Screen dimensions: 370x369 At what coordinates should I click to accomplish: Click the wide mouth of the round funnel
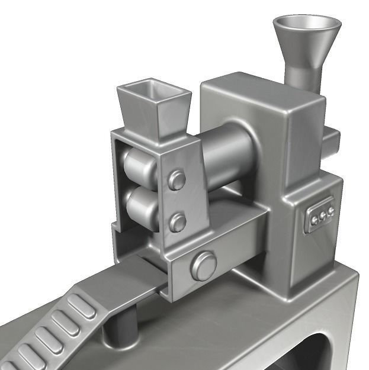tap(306, 27)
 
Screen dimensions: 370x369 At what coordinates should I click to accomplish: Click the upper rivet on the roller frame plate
tap(177, 179)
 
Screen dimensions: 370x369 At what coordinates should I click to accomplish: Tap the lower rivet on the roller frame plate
tap(177, 222)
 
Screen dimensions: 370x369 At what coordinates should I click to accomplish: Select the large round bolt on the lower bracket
tap(203, 265)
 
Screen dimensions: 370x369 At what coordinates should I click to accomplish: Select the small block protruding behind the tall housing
tap(331, 140)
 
